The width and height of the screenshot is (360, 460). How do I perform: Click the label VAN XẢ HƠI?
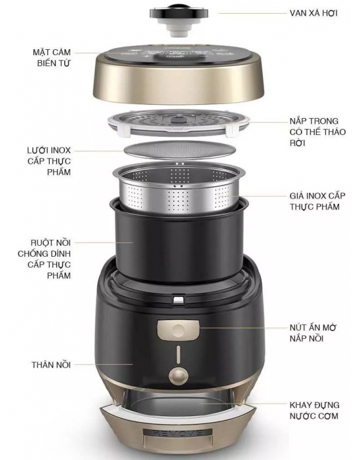pos(313,13)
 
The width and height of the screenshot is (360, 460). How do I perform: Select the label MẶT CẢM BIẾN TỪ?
pos(52,58)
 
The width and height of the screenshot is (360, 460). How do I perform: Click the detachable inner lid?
pos(178,123)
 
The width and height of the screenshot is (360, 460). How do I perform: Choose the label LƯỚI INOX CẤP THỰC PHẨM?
pos(49,161)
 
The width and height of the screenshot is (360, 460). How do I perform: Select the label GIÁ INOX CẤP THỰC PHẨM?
pos(317,201)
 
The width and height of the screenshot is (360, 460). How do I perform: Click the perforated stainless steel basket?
pos(179,188)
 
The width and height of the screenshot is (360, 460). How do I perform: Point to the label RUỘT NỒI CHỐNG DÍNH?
pos(44,248)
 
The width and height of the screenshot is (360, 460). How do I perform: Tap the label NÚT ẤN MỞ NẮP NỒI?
pos(313,333)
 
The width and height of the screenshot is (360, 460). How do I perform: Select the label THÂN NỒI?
pos(52,365)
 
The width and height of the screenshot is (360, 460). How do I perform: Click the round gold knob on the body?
pos(178,375)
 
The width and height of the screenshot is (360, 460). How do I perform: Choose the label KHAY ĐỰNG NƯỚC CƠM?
pos(314,410)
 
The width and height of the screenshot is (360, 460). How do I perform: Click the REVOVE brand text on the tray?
pos(178,433)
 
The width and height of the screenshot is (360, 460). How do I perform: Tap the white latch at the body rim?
pos(179,299)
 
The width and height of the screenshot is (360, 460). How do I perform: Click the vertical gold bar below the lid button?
pos(178,355)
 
